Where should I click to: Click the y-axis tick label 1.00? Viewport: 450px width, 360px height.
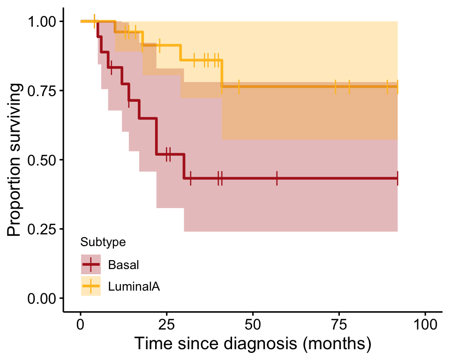click(43, 22)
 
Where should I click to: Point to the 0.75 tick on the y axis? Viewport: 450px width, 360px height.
click(43, 90)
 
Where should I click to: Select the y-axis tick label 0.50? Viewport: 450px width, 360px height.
click(43, 160)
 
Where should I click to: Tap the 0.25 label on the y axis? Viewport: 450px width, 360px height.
click(43, 229)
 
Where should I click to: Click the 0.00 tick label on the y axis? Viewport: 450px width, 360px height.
click(43, 298)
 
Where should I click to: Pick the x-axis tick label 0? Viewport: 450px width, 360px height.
click(81, 324)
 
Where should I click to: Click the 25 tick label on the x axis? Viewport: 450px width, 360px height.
click(166, 324)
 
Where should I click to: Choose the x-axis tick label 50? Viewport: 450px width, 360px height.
click(253, 324)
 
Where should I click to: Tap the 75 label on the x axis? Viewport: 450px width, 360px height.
click(339, 324)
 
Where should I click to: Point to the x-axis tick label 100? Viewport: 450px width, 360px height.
click(425, 324)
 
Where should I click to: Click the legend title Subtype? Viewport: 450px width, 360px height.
click(103, 242)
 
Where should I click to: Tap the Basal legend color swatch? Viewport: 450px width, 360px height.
click(91, 265)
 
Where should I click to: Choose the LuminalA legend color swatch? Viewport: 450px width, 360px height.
click(91, 286)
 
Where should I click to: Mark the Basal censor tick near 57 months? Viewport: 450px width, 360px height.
click(277, 179)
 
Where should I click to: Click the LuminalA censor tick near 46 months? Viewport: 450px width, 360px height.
click(239, 87)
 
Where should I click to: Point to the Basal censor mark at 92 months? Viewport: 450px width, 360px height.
click(397, 179)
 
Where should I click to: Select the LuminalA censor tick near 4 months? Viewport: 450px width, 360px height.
click(95, 21)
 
